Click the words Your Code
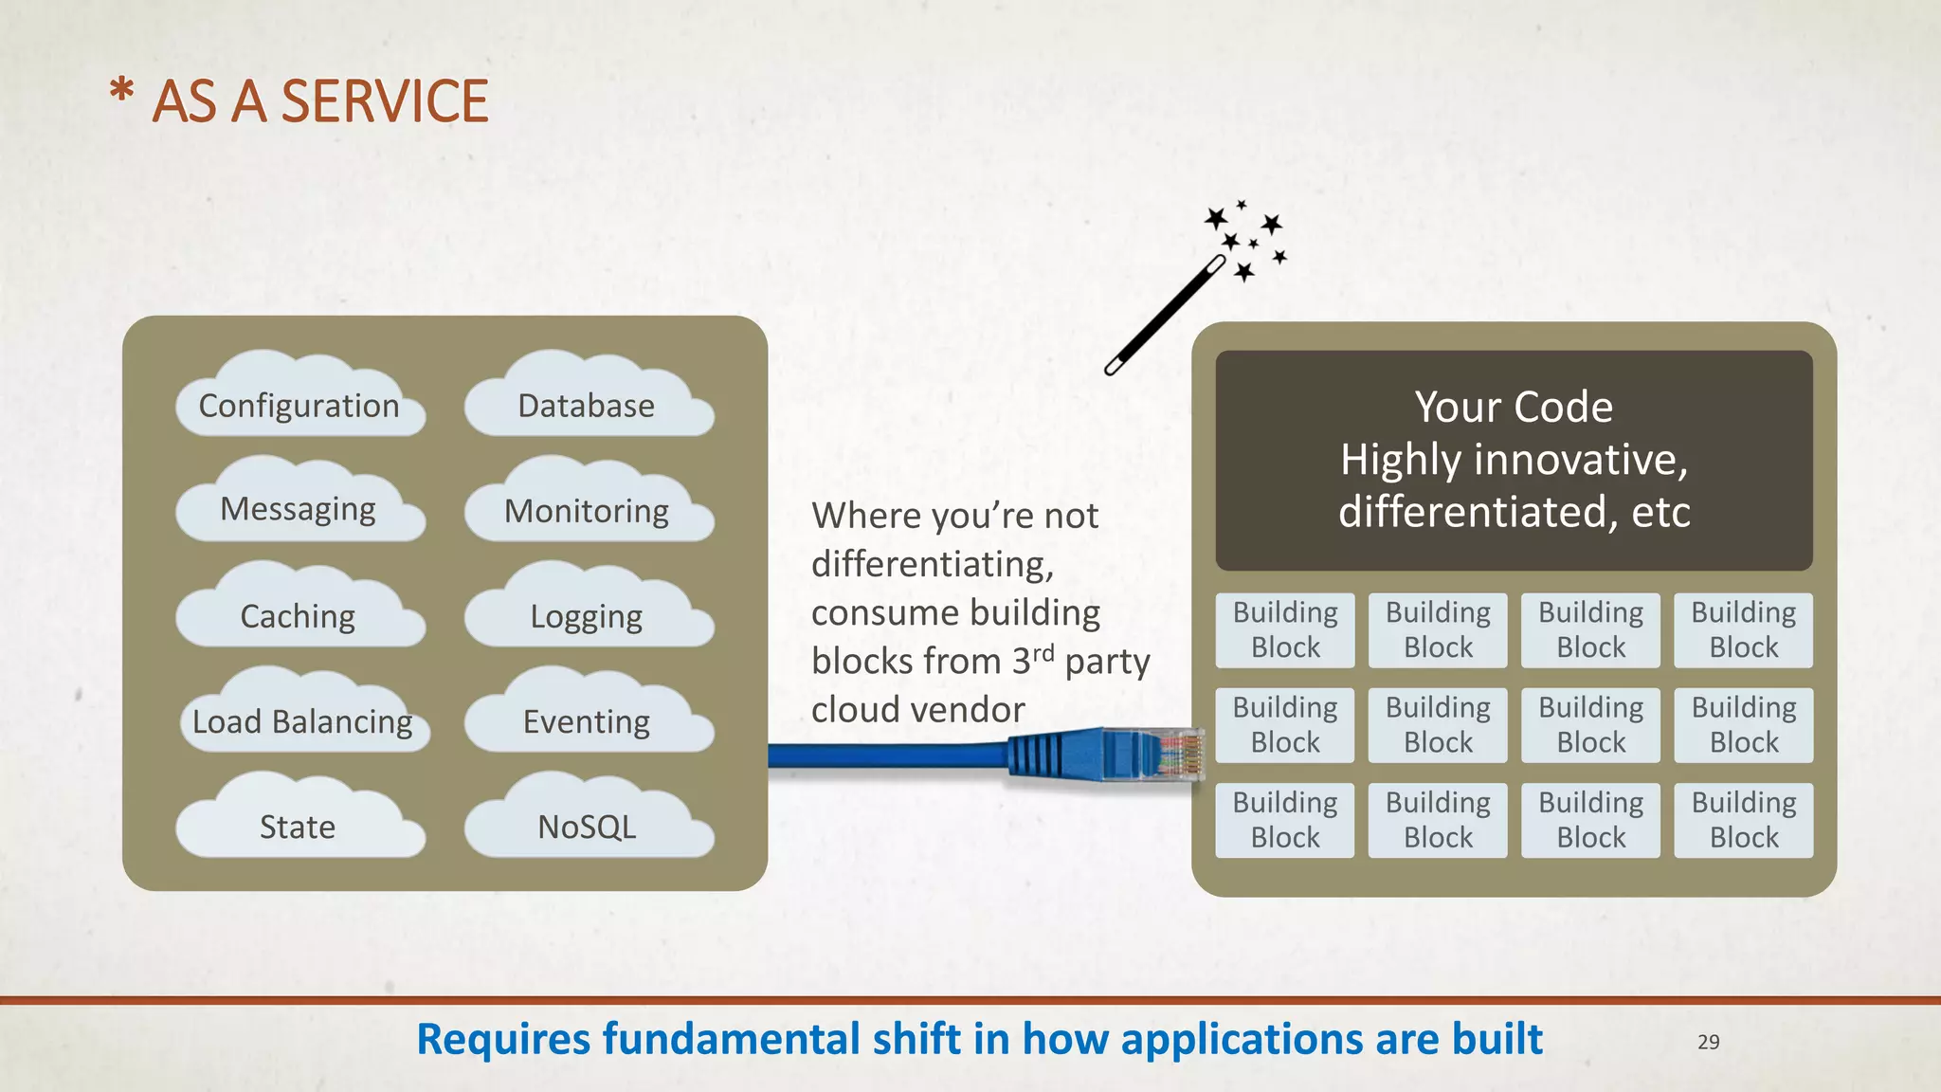point(1514,407)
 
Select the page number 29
point(1708,1042)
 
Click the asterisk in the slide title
point(121,93)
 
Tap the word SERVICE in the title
point(385,101)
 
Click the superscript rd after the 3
point(1043,652)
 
